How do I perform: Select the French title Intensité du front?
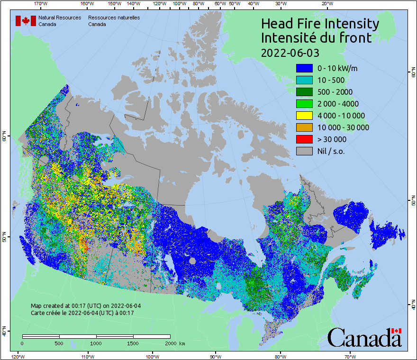(317, 38)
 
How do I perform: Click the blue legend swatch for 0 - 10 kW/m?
(304, 68)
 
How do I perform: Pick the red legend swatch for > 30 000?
(304, 139)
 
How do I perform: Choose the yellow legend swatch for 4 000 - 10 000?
(304, 116)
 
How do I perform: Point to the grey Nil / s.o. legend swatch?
(304, 151)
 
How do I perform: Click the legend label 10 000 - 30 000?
(343, 127)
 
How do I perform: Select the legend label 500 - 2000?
(335, 92)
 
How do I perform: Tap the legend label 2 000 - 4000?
(338, 104)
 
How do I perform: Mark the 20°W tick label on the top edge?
(326, 4)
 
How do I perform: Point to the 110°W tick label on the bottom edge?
(88, 356)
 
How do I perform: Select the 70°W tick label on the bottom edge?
(350, 356)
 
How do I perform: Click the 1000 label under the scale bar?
(96, 343)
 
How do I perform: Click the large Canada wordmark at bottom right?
(364, 337)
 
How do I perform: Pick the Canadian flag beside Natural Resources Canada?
(26, 21)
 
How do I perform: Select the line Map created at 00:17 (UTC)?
(86, 306)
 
